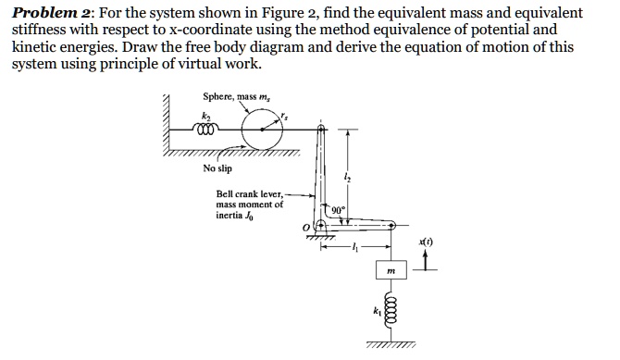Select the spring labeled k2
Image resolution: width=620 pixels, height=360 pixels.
pos(212,130)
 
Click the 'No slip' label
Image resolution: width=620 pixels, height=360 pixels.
pos(217,168)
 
